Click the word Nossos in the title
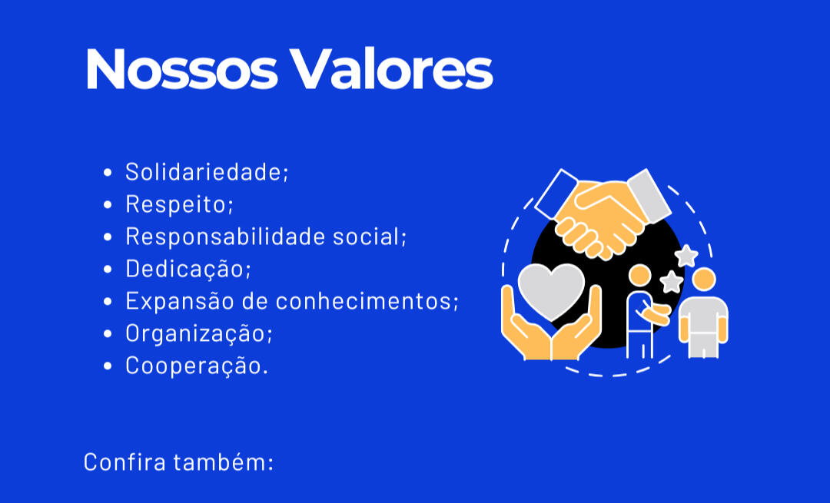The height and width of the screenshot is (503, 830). point(181,69)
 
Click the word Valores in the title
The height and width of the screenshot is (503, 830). point(392,69)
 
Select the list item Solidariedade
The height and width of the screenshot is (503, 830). point(207,172)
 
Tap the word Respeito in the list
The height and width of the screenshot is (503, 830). point(179,205)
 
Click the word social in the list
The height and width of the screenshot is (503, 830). point(370,237)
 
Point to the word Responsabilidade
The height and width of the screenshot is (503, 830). point(225,237)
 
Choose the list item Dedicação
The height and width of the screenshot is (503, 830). point(188,269)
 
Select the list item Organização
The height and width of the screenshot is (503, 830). point(198,333)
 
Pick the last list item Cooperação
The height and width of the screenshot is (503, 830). point(197,366)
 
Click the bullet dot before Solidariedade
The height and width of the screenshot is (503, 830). point(108,173)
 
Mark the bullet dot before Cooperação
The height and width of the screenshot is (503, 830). point(108,366)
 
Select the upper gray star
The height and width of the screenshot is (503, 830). point(686,256)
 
